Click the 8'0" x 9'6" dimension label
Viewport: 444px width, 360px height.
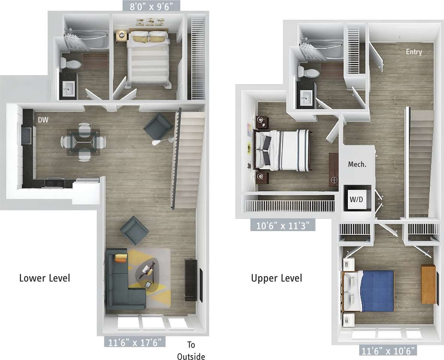[x=151, y=6]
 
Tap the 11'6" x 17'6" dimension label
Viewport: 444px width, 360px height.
[x=135, y=342]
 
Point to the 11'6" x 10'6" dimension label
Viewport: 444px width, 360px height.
[x=388, y=351]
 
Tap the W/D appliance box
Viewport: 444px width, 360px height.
[x=356, y=199]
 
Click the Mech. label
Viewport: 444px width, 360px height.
[x=357, y=165]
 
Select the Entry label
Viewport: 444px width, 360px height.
[x=414, y=52]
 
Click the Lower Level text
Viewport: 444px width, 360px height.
[x=44, y=278]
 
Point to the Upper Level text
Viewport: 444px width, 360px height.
[x=276, y=278]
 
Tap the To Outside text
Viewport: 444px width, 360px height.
[x=191, y=351]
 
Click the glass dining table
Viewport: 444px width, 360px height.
[x=83, y=142]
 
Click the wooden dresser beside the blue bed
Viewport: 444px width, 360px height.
[x=428, y=284]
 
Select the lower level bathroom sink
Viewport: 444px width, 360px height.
[x=69, y=89]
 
